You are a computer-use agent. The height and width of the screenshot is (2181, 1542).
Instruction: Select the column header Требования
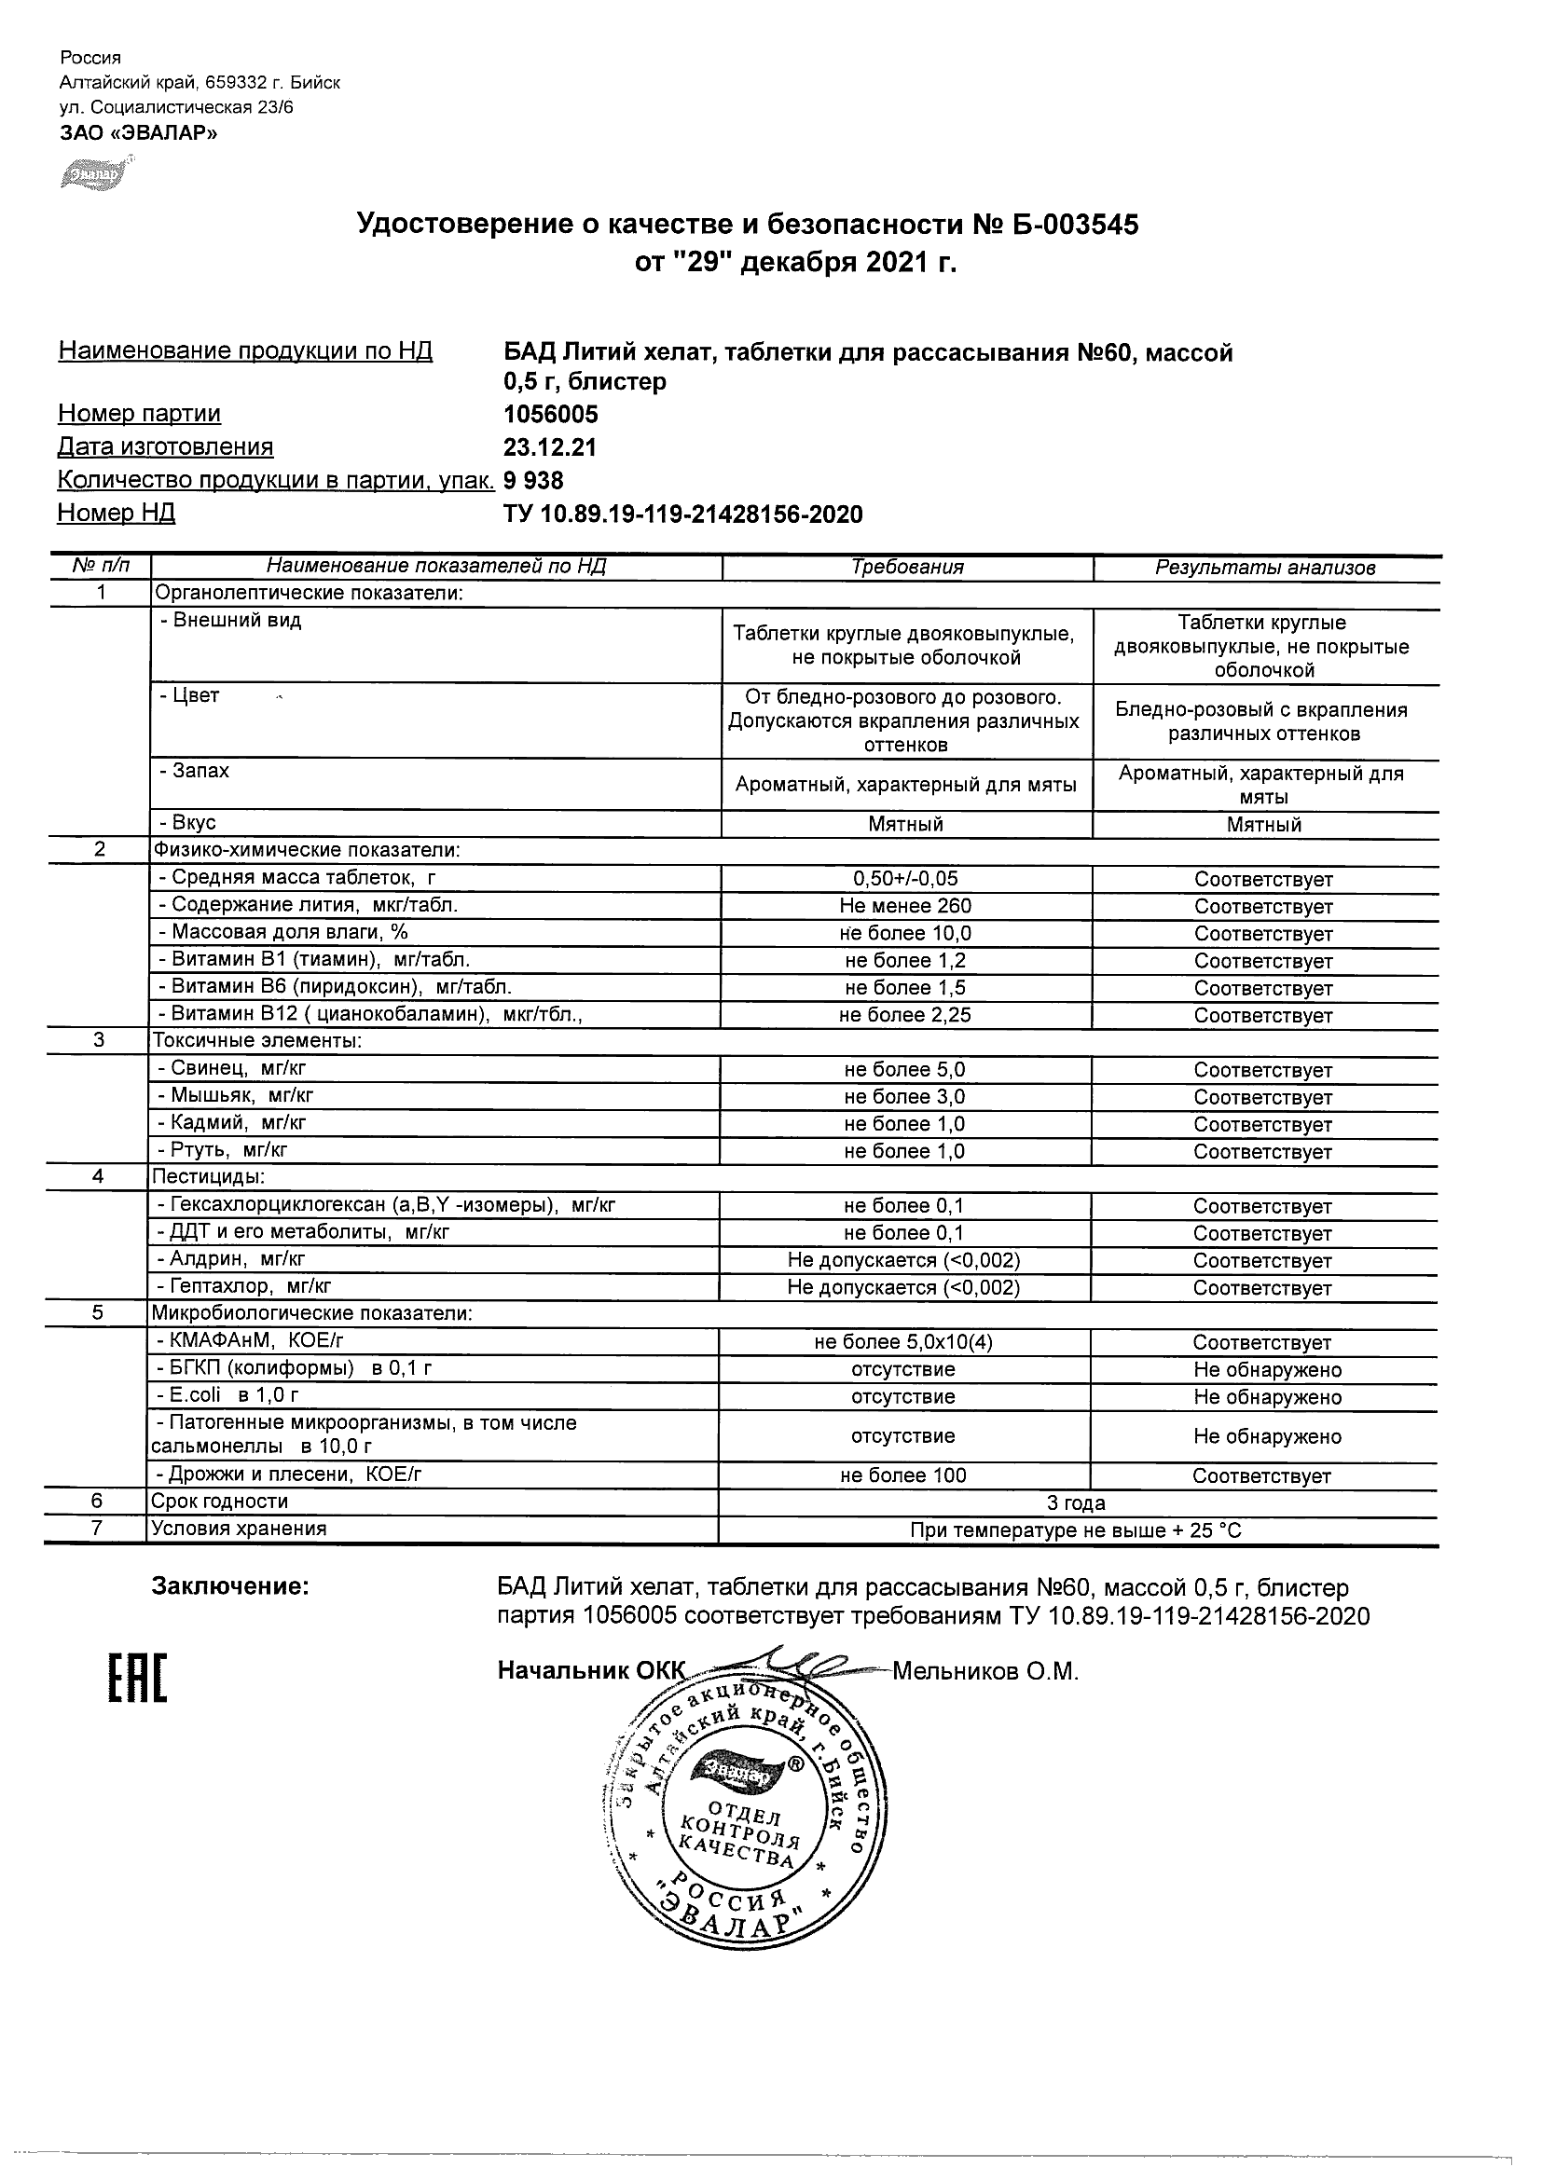pyautogui.click(x=906, y=568)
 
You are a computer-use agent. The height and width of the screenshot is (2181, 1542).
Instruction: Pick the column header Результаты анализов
pyautogui.click(x=1264, y=568)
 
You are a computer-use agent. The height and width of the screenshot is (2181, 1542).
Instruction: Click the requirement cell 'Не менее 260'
pyautogui.click(x=905, y=906)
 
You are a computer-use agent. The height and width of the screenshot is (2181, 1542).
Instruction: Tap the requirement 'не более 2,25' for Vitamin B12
pyautogui.click(x=904, y=1015)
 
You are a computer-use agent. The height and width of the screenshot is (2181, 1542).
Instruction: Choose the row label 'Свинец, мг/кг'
pyautogui.click(x=232, y=1069)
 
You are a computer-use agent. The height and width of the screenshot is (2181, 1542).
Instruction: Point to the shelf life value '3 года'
pyautogui.click(x=1076, y=1502)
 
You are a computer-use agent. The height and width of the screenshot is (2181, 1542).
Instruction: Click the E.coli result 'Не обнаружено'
pyautogui.click(x=1266, y=1397)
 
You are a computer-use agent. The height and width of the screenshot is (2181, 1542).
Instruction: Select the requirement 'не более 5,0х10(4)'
pyautogui.click(x=903, y=1342)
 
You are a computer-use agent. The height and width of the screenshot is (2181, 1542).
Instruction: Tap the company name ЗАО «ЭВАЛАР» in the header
pyautogui.click(x=139, y=133)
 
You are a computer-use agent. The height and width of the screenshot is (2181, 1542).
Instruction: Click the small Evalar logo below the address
pyautogui.click(x=94, y=177)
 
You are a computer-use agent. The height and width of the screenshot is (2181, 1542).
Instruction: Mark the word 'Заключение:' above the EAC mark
pyautogui.click(x=230, y=1586)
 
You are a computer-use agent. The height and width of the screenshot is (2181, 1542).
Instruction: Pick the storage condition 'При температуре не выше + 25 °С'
pyautogui.click(x=1076, y=1530)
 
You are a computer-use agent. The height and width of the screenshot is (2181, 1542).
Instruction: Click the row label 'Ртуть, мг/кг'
pyautogui.click(x=222, y=1150)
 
